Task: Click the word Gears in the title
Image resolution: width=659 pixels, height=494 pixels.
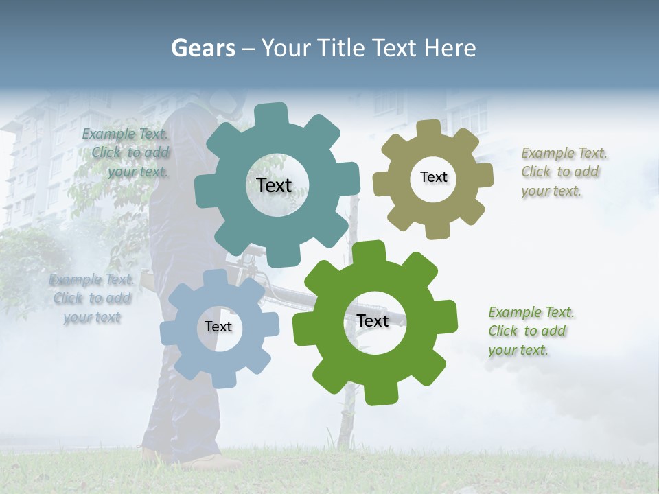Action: tap(202, 48)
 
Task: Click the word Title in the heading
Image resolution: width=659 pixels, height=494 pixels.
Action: tap(341, 48)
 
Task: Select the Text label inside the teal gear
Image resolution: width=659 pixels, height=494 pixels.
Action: tap(274, 185)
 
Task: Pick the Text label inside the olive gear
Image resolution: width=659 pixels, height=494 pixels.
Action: tap(433, 177)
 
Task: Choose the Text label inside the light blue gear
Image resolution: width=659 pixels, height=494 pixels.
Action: tap(218, 327)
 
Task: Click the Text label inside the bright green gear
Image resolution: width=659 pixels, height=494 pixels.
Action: tap(373, 320)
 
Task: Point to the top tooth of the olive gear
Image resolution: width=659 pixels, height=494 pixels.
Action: tap(428, 129)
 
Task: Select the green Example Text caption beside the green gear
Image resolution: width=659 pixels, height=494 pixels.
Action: tap(531, 331)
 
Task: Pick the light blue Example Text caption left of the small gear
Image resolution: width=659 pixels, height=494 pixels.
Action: tap(91, 298)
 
